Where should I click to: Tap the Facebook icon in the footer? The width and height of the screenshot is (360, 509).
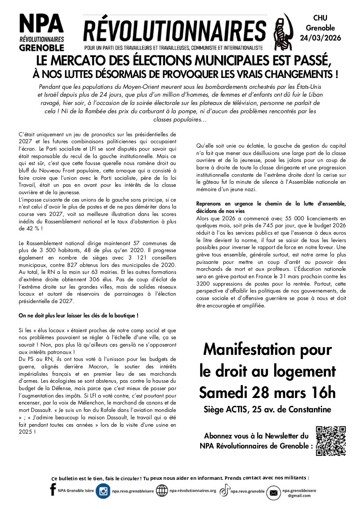pos(53,491)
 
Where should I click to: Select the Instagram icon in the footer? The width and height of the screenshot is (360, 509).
pos(103,491)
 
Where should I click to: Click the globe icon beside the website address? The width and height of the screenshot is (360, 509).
pos(161,491)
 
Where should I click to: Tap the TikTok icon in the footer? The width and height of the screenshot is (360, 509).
pos(224,491)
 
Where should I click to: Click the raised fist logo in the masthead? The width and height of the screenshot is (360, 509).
pos(282,32)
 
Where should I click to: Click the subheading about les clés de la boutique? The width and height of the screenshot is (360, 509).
pos(78,315)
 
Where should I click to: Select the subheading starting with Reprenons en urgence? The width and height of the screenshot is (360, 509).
pos(271,204)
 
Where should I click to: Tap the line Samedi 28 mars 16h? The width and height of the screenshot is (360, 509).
pos(267,392)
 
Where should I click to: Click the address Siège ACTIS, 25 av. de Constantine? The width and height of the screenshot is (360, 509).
pos(267,409)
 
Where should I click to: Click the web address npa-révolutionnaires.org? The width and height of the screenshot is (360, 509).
pos(192,491)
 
